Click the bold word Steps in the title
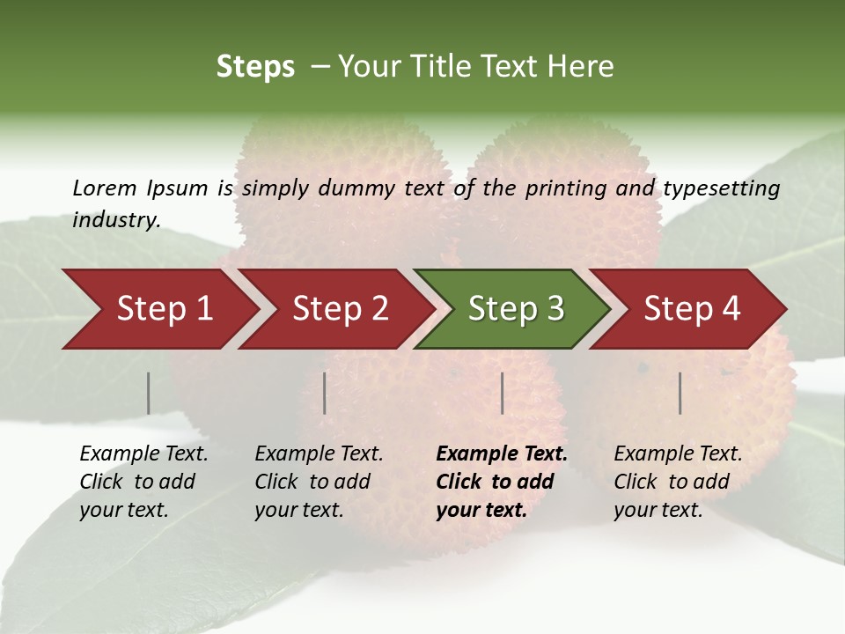(x=255, y=67)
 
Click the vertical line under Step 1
(x=148, y=393)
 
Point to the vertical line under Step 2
(x=325, y=393)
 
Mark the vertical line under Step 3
(x=502, y=393)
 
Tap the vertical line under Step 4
(x=680, y=393)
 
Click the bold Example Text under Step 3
(x=502, y=454)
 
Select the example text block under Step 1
(x=143, y=482)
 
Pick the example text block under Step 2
(x=319, y=482)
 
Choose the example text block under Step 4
(x=678, y=482)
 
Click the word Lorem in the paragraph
(x=104, y=188)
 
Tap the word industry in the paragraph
(x=115, y=220)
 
